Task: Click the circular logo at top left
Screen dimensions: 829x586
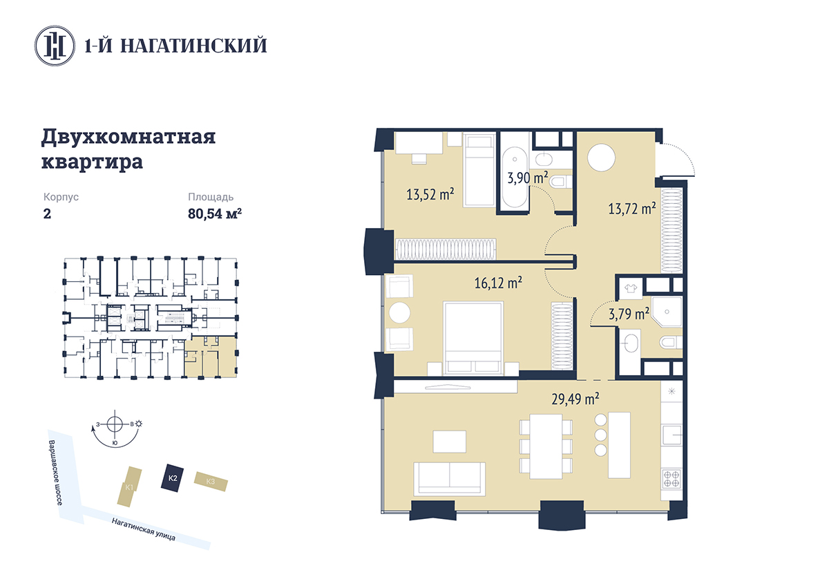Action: [x=55, y=46]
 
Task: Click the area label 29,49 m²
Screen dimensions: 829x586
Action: [x=575, y=399]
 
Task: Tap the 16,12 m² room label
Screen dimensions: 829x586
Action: [x=498, y=283]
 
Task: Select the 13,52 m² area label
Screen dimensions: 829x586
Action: [x=430, y=194]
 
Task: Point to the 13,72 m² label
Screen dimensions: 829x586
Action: [x=632, y=209]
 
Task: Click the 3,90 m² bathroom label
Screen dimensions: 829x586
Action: [x=527, y=178]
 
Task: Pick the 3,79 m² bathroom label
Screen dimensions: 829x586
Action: [x=629, y=314]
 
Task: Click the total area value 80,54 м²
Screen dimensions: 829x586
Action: [x=215, y=214]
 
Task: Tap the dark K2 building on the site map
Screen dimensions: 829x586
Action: [x=173, y=478]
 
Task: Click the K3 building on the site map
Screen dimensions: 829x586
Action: [x=211, y=481]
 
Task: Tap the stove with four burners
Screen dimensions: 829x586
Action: [x=671, y=479]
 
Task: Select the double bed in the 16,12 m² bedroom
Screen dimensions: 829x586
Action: [x=473, y=339]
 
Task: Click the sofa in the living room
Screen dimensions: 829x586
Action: [x=449, y=478]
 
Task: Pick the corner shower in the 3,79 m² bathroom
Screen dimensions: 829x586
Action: [x=667, y=312]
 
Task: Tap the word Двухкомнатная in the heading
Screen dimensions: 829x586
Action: [x=128, y=136]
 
